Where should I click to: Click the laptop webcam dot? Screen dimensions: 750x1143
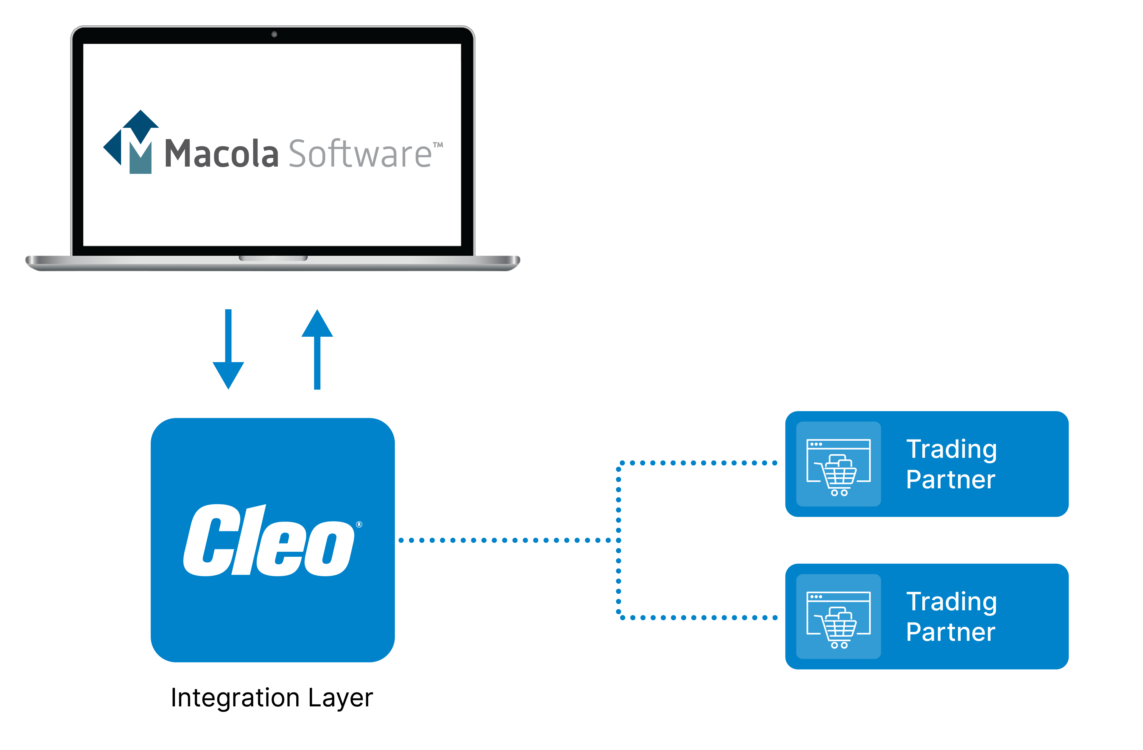[x=274, y=34]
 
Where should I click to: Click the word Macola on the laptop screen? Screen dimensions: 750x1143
[x=221, y=154]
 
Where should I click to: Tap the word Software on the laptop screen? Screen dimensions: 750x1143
[x=360, y=154]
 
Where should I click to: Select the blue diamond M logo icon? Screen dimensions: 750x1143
[x=131, y=142]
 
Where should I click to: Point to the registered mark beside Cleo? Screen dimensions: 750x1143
[x=359, y=524]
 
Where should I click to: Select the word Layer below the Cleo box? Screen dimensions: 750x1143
[x=340, y=698]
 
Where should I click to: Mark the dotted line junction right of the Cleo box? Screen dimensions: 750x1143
[x=618, y=540]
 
